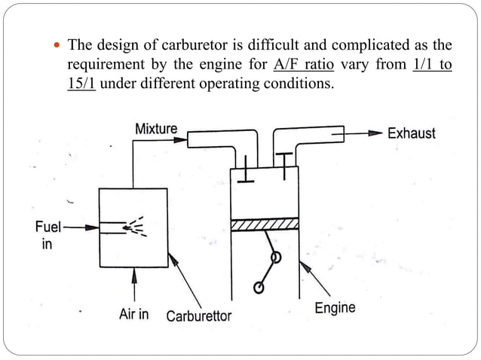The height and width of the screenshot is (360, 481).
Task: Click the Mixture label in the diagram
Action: coord(156,129)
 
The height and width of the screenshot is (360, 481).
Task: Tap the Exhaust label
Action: coord(411,133)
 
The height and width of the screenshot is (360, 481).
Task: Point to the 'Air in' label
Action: coord(134,313)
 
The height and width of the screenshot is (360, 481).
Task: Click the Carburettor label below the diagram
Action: coord(198,316)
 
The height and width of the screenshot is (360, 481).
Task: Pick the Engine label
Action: coord(334,307)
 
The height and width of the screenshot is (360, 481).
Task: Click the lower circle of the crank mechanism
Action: coord(259,287)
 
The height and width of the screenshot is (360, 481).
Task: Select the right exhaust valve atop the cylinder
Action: coord(284,163)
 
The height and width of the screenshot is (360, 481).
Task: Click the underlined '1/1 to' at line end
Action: coord(433,64)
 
